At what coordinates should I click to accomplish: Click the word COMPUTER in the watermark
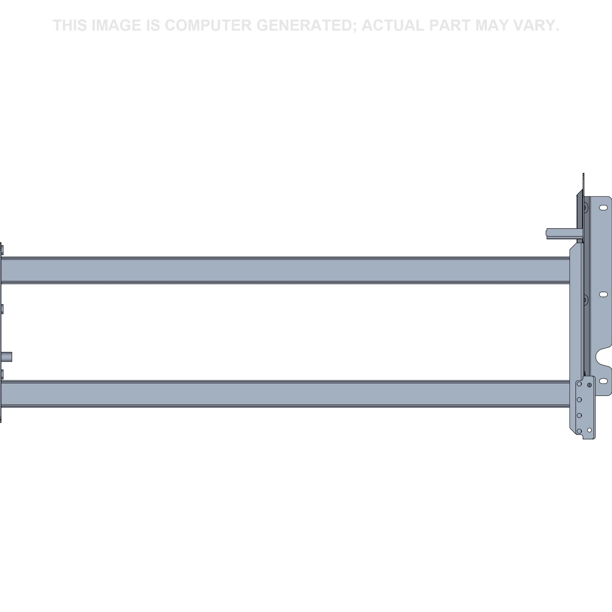coord(208,25)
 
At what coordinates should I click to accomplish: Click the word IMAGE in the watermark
coord(116,25)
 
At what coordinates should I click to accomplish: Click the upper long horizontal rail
coord(285,270)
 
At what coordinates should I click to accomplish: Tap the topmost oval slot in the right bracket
coord(603,207)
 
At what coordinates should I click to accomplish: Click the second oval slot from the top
coord(603,294)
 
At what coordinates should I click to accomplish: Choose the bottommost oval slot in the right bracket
coord(603,381)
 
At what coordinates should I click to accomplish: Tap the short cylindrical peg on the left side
coord(7,357)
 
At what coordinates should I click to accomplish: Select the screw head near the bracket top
coord(585,208)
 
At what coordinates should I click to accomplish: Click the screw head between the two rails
coord(585,299)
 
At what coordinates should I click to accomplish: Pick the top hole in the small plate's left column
coord(579,384)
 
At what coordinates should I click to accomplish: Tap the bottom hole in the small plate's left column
coord(579,431)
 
